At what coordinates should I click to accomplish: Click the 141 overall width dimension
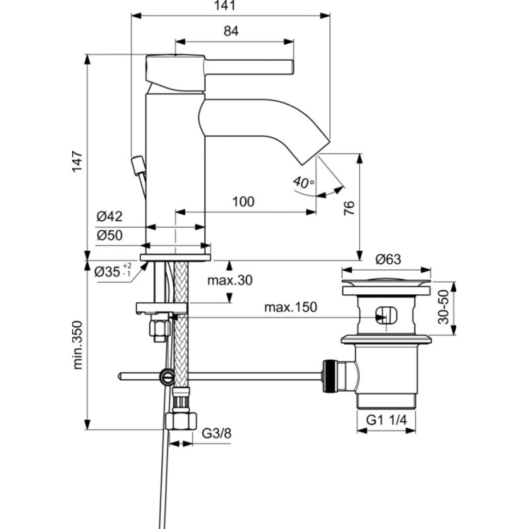(225, 5)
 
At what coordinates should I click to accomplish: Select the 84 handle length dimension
(231, 31)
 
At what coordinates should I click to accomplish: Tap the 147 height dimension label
(77, 161)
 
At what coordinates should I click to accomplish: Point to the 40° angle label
(304, 183)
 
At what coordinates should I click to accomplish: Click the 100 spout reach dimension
(243, 202)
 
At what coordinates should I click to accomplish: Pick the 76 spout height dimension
(349, 208)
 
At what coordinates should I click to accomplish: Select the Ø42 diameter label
(109, 216)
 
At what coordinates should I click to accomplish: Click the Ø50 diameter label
(109, 235)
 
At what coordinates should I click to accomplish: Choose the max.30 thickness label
(229, 280)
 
